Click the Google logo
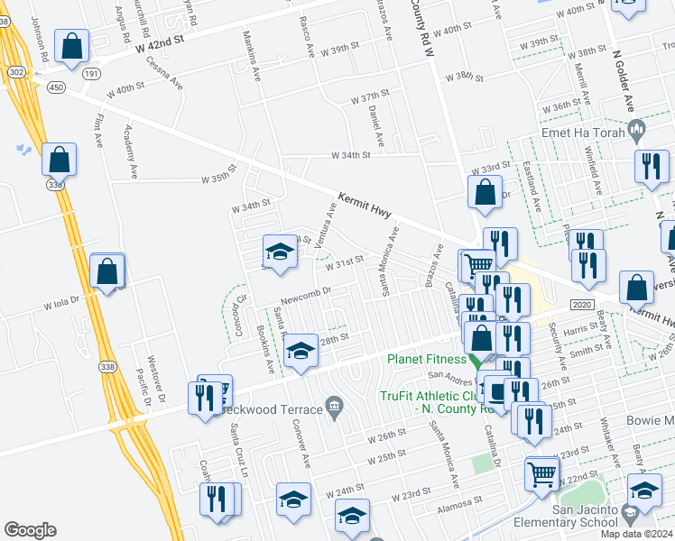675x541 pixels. pyautogui.click(x=31, y=530)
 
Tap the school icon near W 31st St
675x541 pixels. pyautogui.click(x=280, y=252)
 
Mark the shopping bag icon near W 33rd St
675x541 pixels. pyautogui.click(x=485, y=192)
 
